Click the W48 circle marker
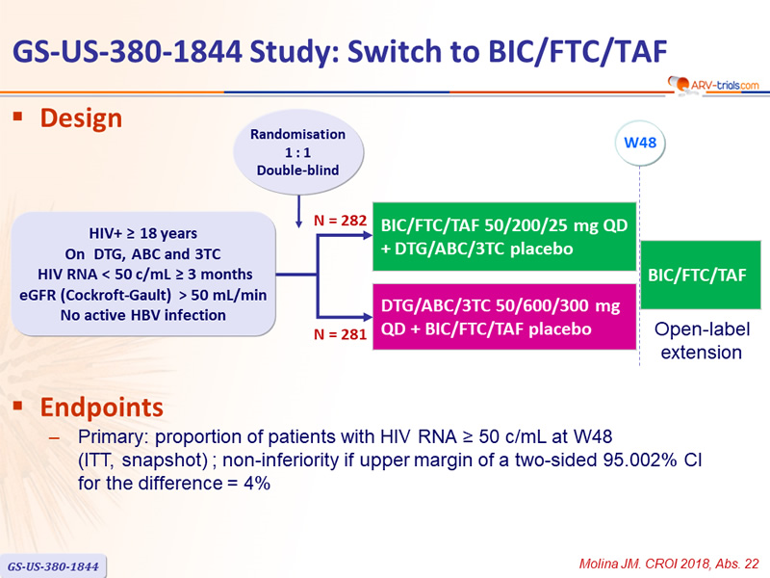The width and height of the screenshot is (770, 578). (640, 143)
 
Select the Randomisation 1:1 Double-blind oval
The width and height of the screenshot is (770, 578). (298, 152)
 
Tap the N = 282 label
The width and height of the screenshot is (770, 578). (341, 221)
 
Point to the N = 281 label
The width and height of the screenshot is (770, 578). (341, 334)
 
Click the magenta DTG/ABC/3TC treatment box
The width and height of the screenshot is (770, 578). (504, 317)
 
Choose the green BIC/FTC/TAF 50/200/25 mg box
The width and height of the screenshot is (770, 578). (504, 236)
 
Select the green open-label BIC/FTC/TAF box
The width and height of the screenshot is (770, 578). (701, 275)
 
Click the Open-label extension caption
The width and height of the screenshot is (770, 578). (702, 341)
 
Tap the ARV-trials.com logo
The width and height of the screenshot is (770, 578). (713, 85)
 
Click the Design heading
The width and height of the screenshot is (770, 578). (81, 118)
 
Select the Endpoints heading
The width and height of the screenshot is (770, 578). (102, 407)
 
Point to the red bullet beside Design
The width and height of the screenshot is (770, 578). (18, 117)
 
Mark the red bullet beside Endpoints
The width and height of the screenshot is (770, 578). (18, 406)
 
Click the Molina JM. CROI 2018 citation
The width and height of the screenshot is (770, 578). (669, 564)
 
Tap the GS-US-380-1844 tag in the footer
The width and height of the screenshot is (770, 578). (53, 566)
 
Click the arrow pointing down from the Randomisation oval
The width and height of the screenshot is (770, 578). (298, 211)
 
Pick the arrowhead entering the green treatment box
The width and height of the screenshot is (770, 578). (368, 235)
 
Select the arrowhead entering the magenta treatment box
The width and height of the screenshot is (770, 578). (368, 317)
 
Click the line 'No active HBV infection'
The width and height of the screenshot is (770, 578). (142, 315)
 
